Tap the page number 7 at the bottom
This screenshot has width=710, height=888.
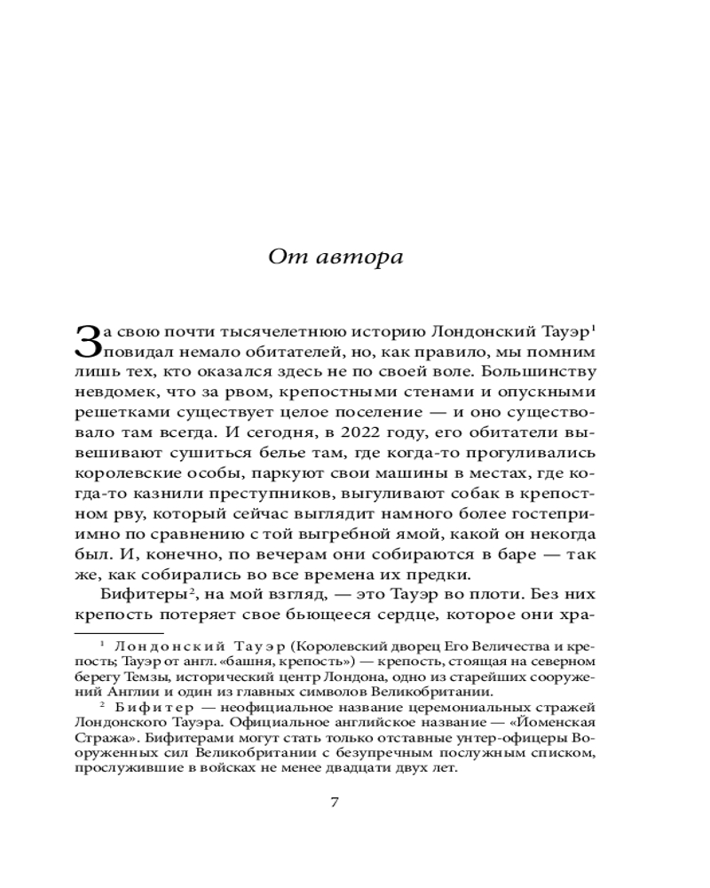(335, 804)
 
